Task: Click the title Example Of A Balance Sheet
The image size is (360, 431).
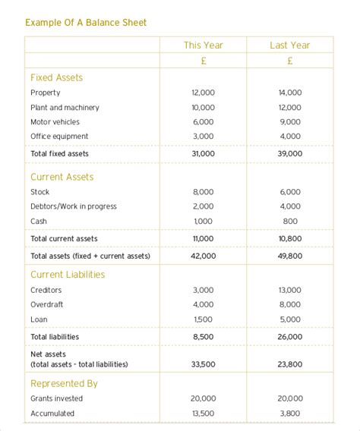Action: click(x=86, y=23)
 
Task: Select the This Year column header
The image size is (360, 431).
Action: click(x=203, y=46)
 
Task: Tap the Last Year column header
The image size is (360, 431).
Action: click(x=289, y=46)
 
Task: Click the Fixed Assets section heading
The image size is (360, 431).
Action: click(x=57, y=77)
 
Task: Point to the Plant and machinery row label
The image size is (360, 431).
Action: click(x=65, y=108)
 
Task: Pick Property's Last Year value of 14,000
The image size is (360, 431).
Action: click(x=289, y=93)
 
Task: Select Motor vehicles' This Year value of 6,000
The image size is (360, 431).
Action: click(x=203, y=122)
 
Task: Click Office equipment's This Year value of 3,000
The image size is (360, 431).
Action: click(x=203, y=137)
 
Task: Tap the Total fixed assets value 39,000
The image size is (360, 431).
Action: click(x=289, y=153)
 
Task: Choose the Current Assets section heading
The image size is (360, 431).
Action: click(x=62, y=177)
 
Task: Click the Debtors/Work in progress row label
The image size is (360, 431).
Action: click(x=74, y=206)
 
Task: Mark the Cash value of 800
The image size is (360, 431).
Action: click(x=289, y=221)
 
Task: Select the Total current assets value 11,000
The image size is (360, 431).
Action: click(x=203, y=238)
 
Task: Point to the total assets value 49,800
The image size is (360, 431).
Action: click(x=289, y=256)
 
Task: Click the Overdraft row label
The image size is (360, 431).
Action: click(x=47, y=305)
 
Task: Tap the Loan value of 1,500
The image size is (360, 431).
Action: click(x=203, y=319)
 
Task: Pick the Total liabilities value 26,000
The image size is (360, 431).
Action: click(x=289, y=336)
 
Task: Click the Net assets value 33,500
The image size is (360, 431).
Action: click(x=203, y=364)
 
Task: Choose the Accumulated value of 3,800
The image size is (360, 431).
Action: click(x=289, y=414)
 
